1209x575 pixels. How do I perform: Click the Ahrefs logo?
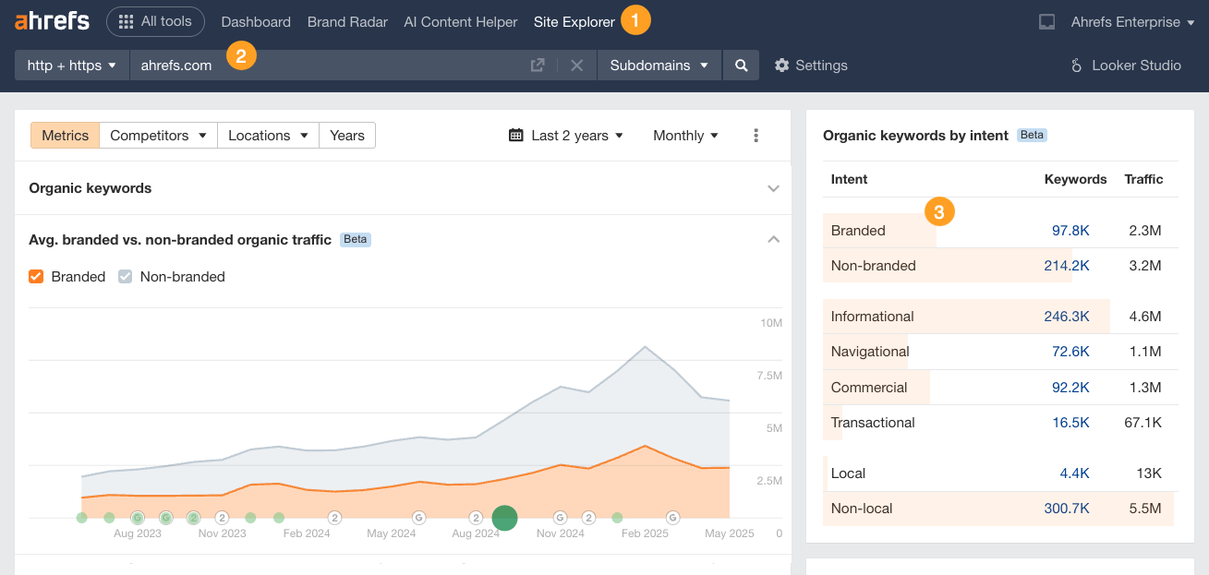click(x=52, y=21)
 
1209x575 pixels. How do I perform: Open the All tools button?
click(x=155, y=21)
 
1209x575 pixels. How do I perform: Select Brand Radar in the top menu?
click(x=347, y=22)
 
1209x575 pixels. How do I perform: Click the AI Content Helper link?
click(x=460, y=22)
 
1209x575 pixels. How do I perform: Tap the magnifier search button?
click(x=741, y=66)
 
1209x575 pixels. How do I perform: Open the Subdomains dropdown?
click(x=659, y=66)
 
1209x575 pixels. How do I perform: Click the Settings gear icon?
click(x=782, y=66)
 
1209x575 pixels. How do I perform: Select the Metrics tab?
click(x=65, y=136)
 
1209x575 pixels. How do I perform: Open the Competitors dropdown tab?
click(x=158, y=136)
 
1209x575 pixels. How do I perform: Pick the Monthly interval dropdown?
click(x=685, y=136)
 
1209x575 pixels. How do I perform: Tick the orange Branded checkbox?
click(x=37, y=277)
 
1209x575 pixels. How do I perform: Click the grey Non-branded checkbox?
click(x=126, y=277)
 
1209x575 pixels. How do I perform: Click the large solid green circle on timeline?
click(x=504, y=518)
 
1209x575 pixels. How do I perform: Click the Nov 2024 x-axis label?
click(x=560, y=533)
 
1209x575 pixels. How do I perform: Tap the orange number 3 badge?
click(x=939, y=211)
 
